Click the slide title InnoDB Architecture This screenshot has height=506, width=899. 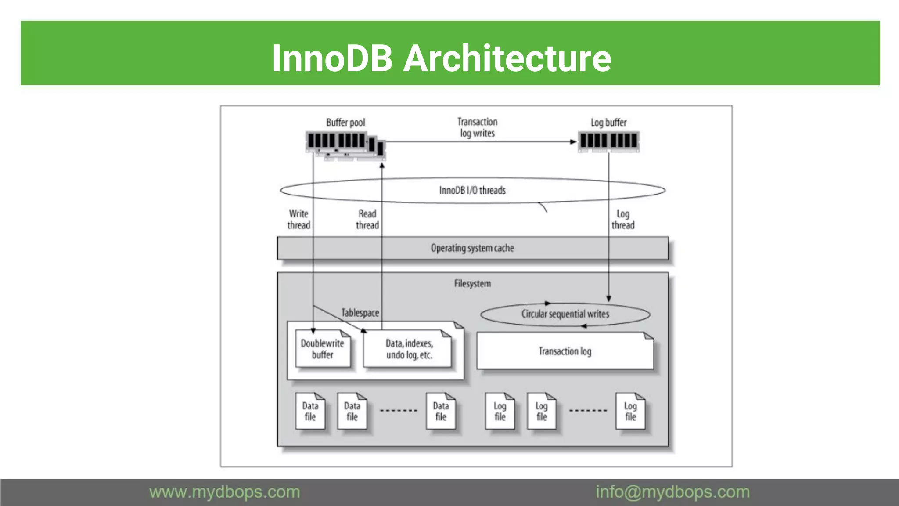pyautogui.click(x=441, y=58)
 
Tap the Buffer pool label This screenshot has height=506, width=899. pyautogui.click(x=345, y=123)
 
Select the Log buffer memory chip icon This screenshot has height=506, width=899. pyautogui.click(x=608, y=141)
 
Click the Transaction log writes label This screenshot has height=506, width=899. pyautogui.click(x=477, y=127)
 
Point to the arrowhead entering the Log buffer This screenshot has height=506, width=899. pyautogui.click(x=573, y=142)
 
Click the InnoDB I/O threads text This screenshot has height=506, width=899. pyautogui.click(x=472, y=190)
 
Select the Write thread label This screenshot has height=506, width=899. pyautogui.click(x=298, y=219)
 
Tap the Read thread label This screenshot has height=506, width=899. pyautogui.click(x=367, y=219)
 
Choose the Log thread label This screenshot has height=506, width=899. pyautogui.click(x=623, y=219)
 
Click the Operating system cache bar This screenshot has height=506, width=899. pyautogui.click(x=472, y=248)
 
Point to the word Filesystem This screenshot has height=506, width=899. pyautogui.click(x=472, y=284)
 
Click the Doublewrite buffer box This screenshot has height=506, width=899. pyautogui.click(x=323, y=349)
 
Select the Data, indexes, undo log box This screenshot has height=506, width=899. pyautogui.click(x=409, y=349)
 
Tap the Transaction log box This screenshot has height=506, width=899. pyautogui.click(x=565, y=351)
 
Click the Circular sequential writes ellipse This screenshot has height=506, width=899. pyautogui.click(x=565, y=314)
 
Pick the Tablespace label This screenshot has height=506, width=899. pyautogui.click(x=360, y=313)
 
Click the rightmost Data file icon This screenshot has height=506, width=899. pyautogui.click(x=441, y=411)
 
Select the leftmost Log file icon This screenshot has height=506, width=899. pyautogui.click(x=500, y=411)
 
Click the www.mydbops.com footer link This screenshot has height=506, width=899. pyautogui.click(x=224, y=492)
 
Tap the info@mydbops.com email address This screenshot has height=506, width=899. pyautogui.click(x=672, y=492)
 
